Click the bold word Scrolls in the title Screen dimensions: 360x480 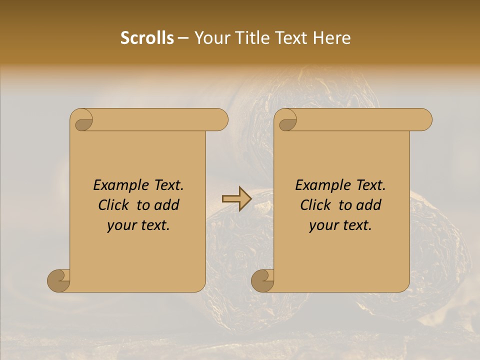pos(147,38)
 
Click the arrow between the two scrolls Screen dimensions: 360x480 pos(236,199)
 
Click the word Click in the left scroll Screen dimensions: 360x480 pos(113,205)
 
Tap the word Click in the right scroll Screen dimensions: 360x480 pos(315,205)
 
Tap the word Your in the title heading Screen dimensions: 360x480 pos(210,38)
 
